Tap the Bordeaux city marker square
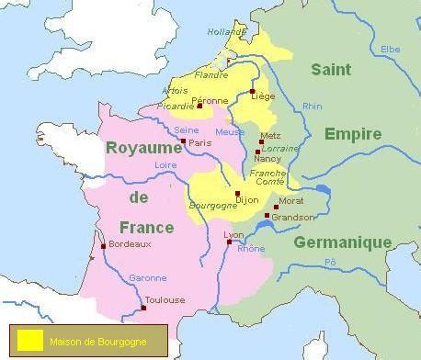pos(103,245)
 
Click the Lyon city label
pos(233,235)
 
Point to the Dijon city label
pos(247,199)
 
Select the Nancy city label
pos(267,159)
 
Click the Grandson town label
pos(294,218)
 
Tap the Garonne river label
pos(150,278)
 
